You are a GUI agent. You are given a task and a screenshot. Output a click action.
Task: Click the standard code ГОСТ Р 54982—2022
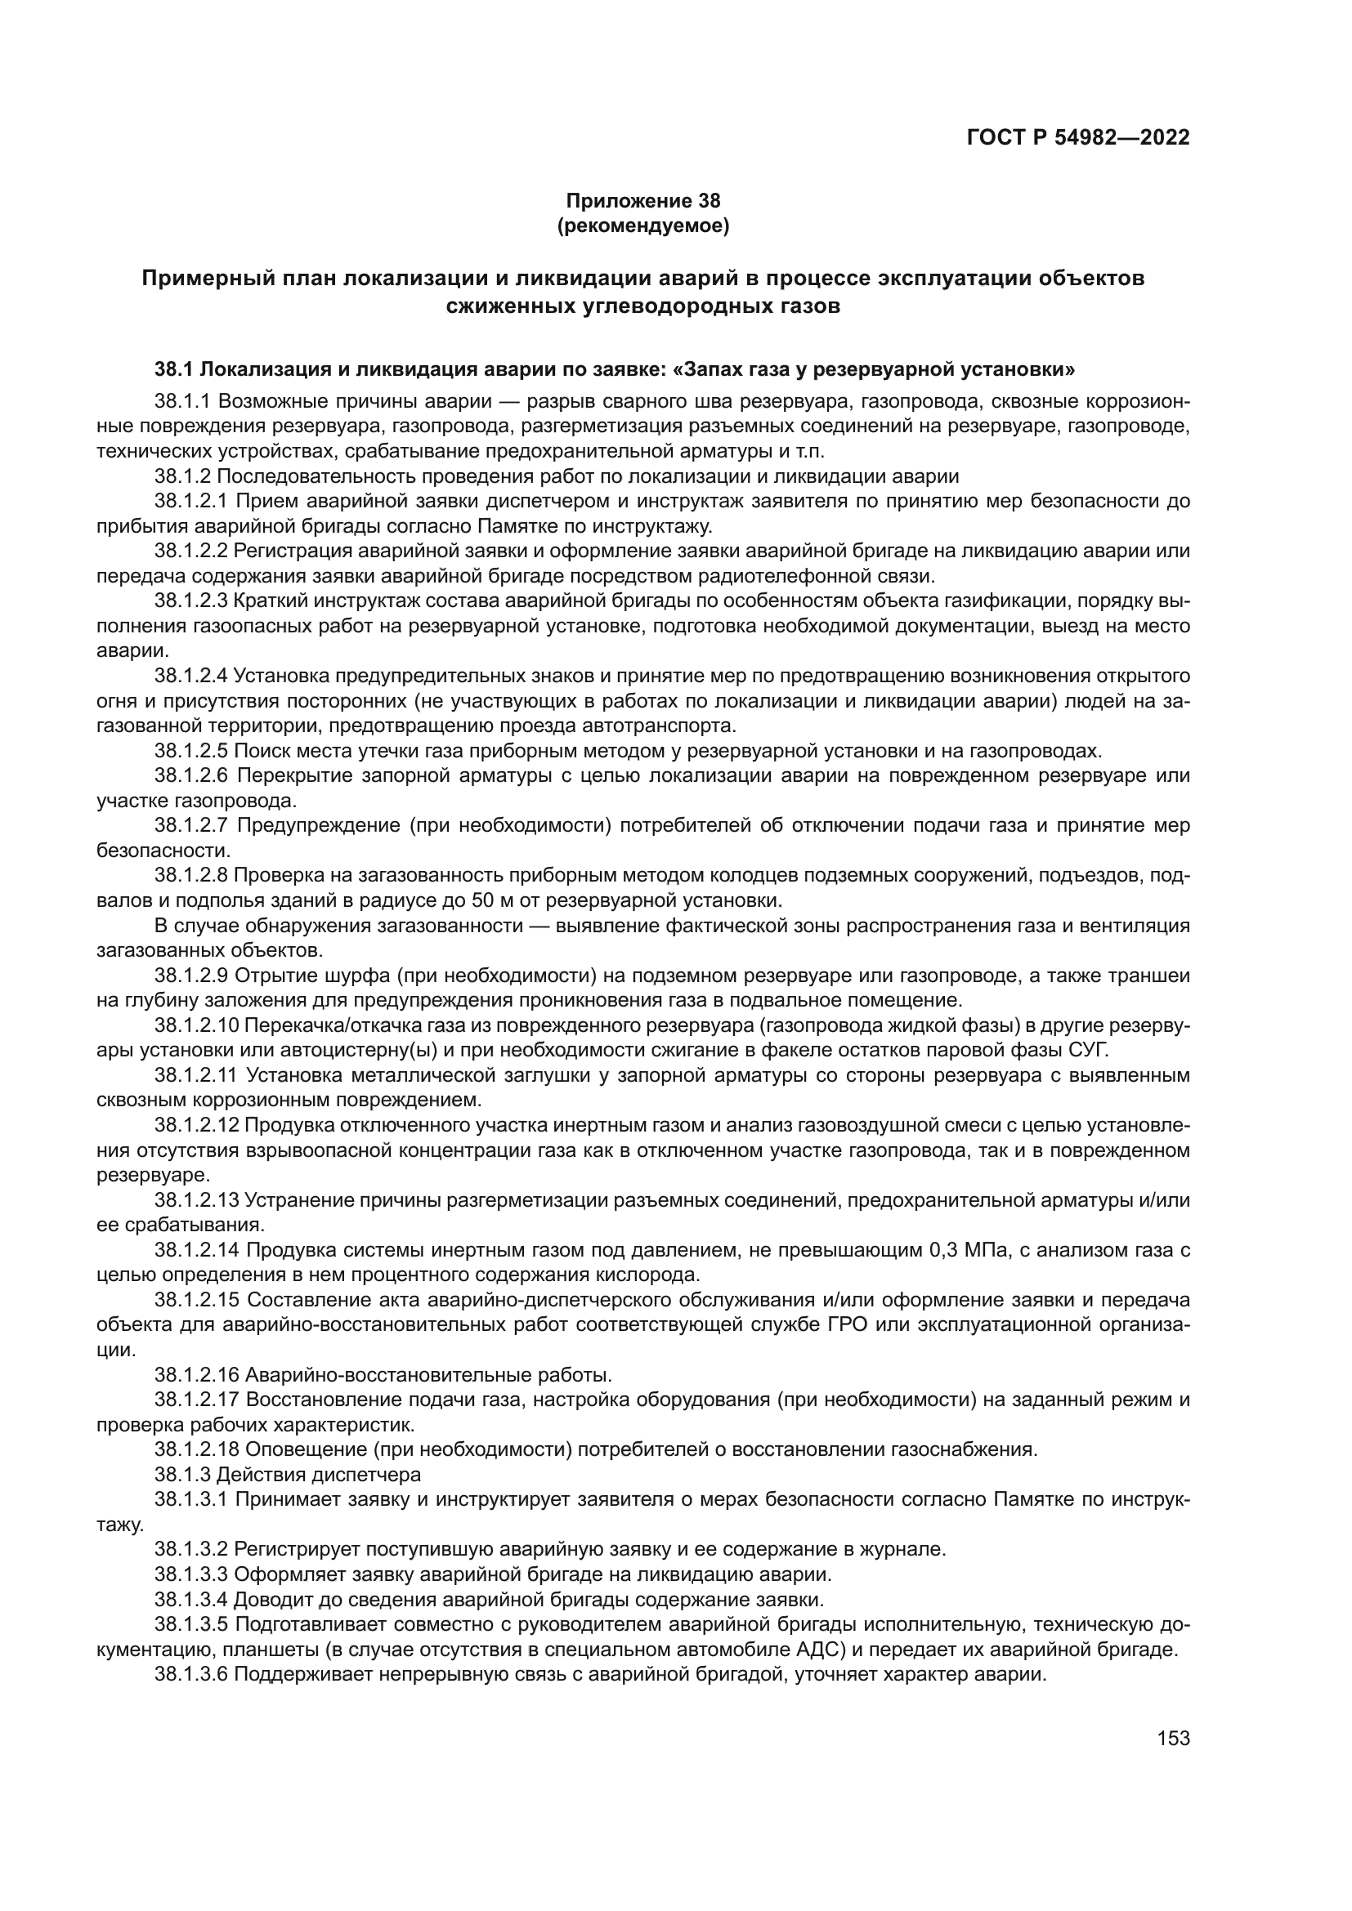click(1078, 137)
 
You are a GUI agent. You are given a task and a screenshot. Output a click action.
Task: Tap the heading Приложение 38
click(642, 201)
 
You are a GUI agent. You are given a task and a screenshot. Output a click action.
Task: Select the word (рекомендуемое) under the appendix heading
click(642, 225)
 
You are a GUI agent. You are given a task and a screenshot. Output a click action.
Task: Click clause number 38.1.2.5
click(190, 751)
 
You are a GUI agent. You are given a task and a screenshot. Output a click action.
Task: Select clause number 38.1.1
click(183, 402)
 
